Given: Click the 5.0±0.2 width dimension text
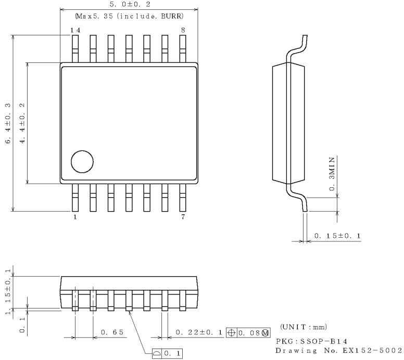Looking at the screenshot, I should pos(129,4).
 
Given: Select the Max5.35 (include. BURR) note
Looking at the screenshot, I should pos(129,17).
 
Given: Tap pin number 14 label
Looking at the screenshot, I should pos(75,30).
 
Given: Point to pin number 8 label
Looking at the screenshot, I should pos(183,30).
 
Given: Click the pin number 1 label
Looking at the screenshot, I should pos(75,217).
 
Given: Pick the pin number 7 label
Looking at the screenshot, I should pos(183,217).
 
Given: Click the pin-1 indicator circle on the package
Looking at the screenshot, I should pos(81,161).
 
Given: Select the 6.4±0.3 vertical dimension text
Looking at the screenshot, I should pos(7,123).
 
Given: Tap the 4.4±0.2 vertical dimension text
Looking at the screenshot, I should pos(22,123).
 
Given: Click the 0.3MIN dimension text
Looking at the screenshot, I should pos(332,173).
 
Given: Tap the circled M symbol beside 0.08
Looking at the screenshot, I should pos(266,332).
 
